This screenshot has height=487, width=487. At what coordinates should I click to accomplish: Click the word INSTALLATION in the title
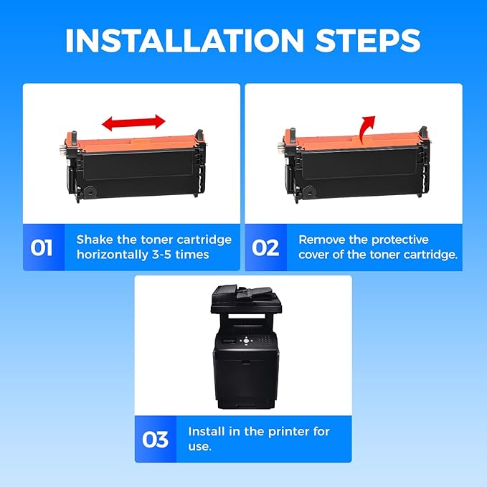pos(184,41)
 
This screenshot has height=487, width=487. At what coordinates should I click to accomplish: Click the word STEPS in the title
pos(368,41)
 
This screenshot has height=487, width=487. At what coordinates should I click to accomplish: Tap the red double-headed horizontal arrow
pos(133,123)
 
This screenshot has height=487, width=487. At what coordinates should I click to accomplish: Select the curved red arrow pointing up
pos(367,130)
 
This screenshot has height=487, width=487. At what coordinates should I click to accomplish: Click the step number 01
pos(42,248)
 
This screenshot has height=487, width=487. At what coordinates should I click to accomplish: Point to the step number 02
pos(265,248)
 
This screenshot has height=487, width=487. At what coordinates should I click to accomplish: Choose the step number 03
pos(156,440)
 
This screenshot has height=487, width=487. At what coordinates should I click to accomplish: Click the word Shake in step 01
pos(95,240)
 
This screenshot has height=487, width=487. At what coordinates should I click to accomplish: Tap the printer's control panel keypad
pos(265,341)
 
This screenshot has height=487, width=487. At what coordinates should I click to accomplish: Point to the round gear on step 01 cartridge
pos(90,192)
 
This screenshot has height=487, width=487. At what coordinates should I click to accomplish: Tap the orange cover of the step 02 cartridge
pos(357,142)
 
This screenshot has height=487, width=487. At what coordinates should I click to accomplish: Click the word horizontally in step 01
pos(112,255)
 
